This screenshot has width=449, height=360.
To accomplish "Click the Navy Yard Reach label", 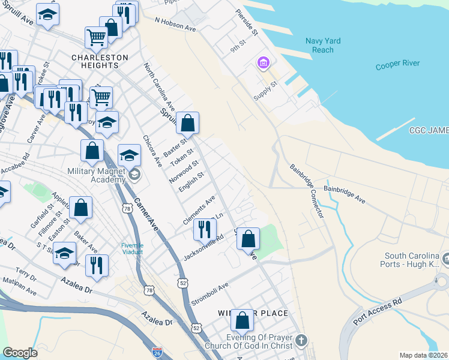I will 323,46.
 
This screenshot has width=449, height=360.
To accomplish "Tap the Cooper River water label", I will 398,64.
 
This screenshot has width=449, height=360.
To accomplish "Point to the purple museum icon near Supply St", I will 262,62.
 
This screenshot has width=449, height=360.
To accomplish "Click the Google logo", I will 20,353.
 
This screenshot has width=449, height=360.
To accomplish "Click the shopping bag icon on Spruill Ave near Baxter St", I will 187,123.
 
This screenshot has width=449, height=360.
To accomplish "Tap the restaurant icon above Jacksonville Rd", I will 205,229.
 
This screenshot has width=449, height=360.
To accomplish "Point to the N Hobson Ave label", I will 175,24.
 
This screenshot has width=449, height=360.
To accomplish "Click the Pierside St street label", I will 246,22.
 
